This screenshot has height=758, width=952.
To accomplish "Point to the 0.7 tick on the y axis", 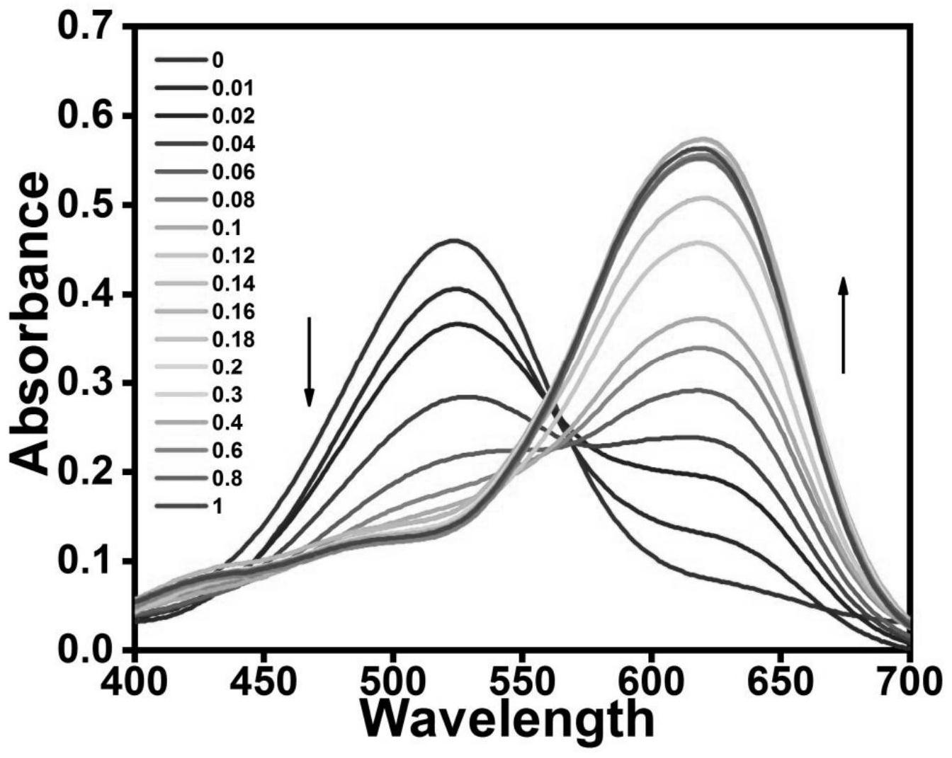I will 87,27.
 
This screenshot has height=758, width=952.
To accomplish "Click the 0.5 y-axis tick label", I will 87,205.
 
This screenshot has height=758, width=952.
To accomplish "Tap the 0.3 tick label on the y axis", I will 87,383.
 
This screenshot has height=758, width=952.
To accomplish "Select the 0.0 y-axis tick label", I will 87,650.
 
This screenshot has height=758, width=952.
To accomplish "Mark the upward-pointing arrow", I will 843,325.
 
